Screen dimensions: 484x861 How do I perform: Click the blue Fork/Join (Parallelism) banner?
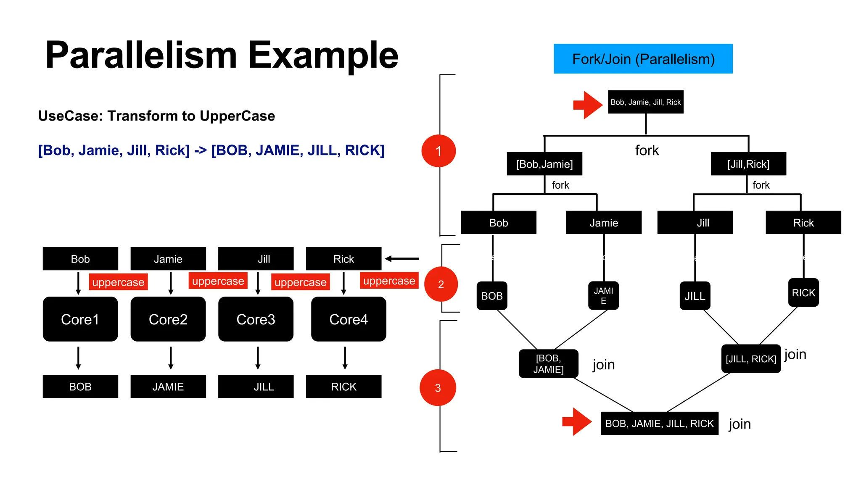(643, 59)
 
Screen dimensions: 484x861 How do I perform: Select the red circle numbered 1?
(438, 151)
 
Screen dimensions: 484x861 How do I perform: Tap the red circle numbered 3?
(438, 387)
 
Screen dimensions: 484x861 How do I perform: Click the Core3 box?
(256, 319)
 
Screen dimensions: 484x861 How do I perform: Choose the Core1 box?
(80, 319)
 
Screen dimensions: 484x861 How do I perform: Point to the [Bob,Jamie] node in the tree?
(544, 164)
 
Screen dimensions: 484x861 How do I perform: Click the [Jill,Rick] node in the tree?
(748, 164)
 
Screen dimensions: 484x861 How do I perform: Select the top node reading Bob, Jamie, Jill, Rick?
(645, 102)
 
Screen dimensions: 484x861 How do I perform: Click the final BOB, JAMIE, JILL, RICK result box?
(659, 423)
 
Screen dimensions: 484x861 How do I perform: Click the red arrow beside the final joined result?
(577, 421)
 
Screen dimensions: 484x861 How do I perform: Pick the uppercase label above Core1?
(118, 282)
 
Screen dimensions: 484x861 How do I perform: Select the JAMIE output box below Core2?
(168, 387)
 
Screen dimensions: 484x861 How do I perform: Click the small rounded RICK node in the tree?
(803, 293)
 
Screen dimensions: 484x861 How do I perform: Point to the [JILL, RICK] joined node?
(751, 359)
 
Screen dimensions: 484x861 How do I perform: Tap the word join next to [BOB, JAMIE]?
(604, 365)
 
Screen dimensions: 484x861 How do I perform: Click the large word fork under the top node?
(647, 150)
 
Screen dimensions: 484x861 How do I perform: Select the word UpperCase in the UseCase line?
(237, 116)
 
